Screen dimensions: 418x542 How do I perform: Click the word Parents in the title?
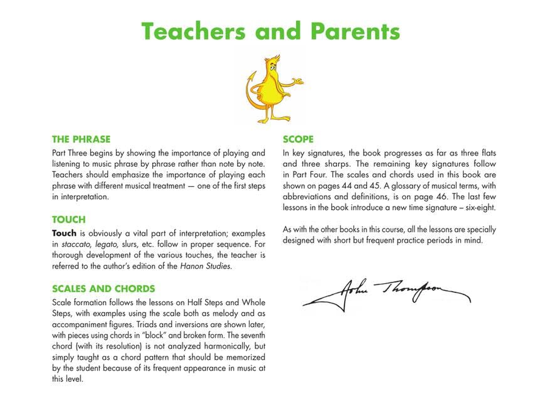(x=355, y=31)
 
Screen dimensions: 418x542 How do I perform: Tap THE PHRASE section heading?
(x=81, y=140)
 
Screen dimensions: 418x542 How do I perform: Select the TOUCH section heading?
(x=69, y=220)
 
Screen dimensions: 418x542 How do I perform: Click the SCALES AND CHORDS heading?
(x=104, y=289)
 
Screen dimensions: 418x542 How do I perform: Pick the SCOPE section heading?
(x=298, y=140)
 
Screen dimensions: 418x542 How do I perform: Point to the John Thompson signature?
(x=387, y=294)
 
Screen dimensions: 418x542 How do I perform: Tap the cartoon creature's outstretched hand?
(x=298, y=82)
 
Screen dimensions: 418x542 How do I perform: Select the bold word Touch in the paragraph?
(x=64, y=233)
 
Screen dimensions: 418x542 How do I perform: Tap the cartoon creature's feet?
(x=272, y=119)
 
